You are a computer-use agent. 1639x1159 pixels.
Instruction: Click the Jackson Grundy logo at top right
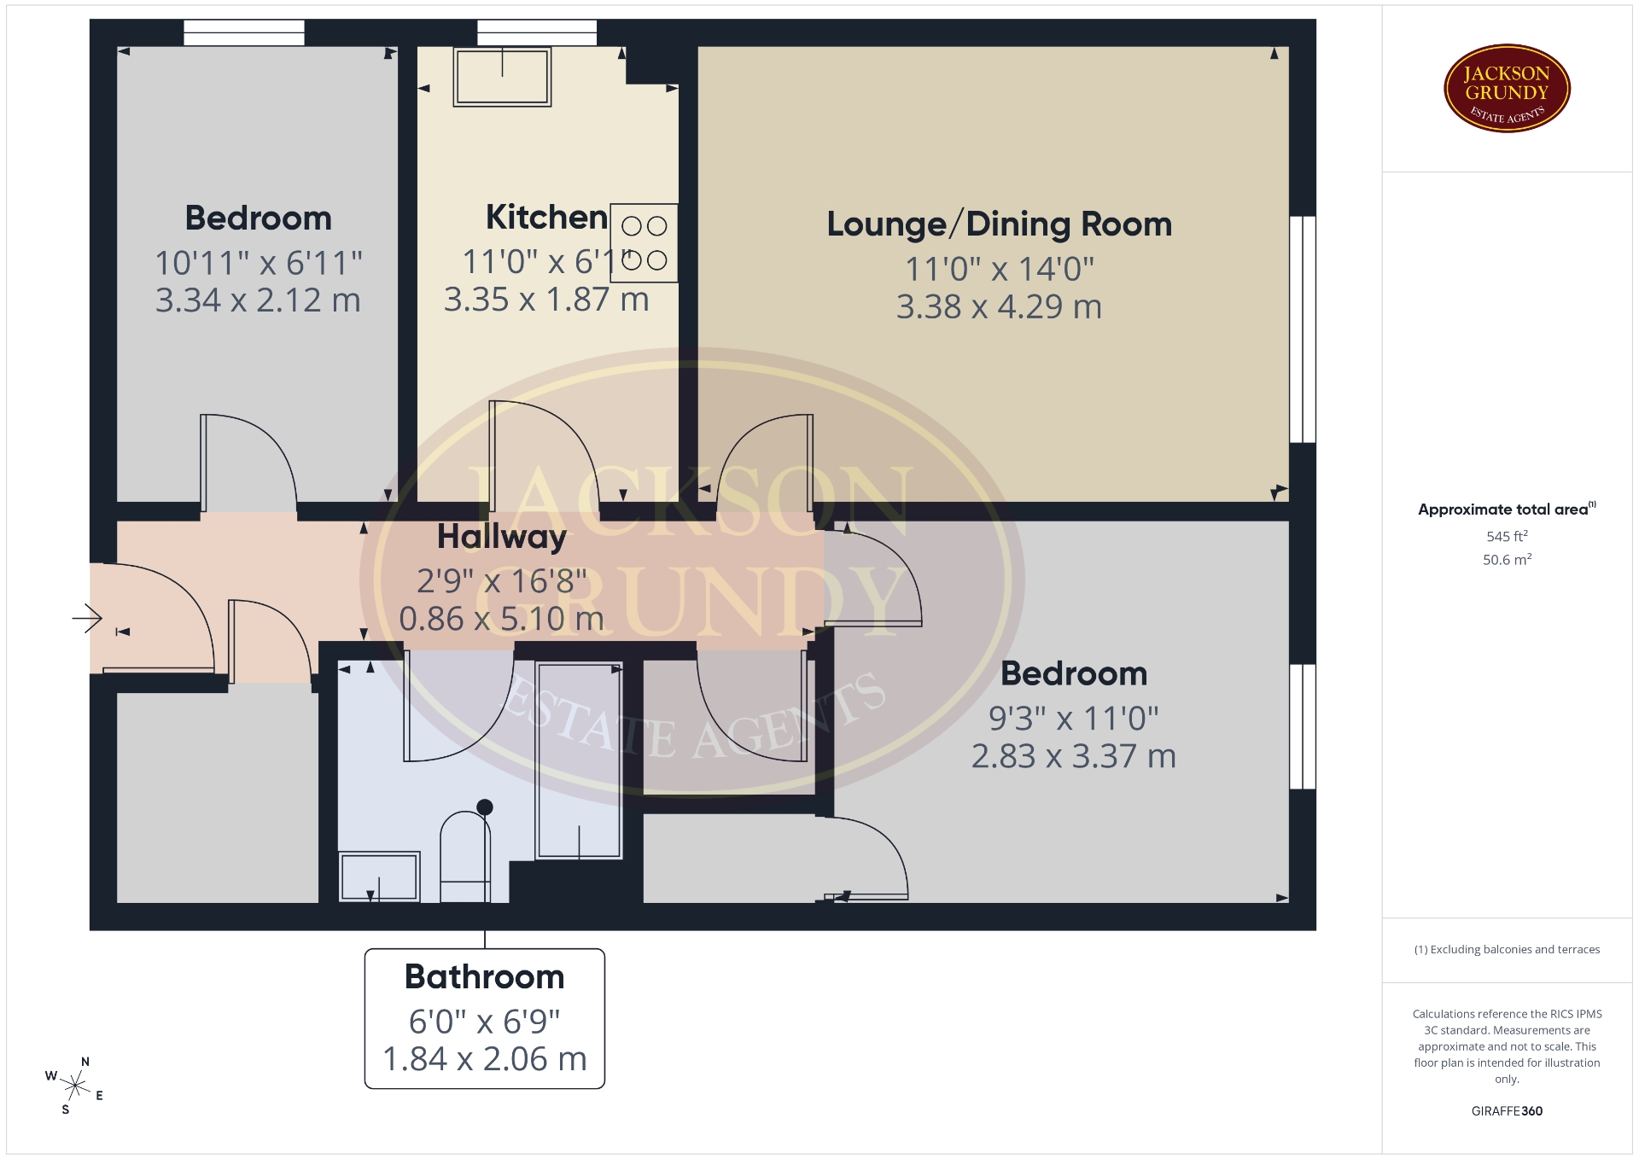tap(1507, 89)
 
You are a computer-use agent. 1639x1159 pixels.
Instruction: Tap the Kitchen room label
tap(546, 218)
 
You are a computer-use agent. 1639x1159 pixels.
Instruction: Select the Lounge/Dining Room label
tap(999, 224)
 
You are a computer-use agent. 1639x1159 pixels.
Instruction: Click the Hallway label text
tap(502, 537)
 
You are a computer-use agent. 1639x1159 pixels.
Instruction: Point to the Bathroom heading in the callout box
tap(485, 976)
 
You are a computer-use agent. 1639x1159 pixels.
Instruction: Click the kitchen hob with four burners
tap(644, 243)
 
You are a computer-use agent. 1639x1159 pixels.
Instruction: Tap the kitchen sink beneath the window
tap(502, 77)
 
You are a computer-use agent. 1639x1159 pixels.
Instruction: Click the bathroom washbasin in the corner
tap(379, 877)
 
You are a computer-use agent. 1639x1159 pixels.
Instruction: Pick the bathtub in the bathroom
tap(579, 760)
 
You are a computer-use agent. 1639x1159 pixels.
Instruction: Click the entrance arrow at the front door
tap(87, 618)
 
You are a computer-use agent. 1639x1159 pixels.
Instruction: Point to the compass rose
tap(75, 1086)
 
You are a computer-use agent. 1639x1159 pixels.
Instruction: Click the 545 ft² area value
tap(1507, 536)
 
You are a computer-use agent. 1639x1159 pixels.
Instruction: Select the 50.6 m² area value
tap(1507, 559)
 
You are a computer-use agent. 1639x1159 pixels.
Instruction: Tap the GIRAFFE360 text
tap(1507, 1110)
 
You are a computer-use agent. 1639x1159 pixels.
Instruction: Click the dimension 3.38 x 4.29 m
tap(999, 307)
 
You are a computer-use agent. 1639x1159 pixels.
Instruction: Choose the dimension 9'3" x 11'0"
tap(1073, 719)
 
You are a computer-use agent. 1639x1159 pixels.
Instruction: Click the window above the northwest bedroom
tap(244, 32)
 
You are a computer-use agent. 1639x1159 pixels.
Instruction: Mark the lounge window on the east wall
tap(1302, 329)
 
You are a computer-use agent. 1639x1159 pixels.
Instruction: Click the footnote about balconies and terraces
tap(1507, 949)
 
